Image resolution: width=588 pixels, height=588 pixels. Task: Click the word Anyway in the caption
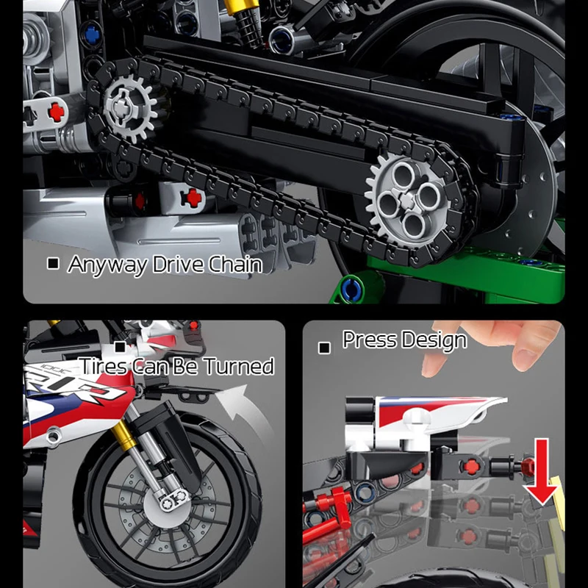coord(107,265)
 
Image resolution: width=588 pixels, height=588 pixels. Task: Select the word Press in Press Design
coord(370,340)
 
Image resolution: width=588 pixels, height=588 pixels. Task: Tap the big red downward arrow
coord(542,473)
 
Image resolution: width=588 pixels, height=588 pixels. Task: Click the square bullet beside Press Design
coord(324,348)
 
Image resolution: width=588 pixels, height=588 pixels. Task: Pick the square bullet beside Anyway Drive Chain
coord(53,263)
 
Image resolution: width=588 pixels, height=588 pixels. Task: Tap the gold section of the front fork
coord(124,436)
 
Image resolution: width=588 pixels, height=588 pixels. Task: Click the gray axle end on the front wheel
coord(173,499)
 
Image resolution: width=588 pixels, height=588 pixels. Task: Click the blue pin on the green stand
coord(351,290)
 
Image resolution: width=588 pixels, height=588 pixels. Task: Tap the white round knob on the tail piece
coord(417,417)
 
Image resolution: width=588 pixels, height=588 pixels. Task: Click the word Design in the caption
coord(435,341)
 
